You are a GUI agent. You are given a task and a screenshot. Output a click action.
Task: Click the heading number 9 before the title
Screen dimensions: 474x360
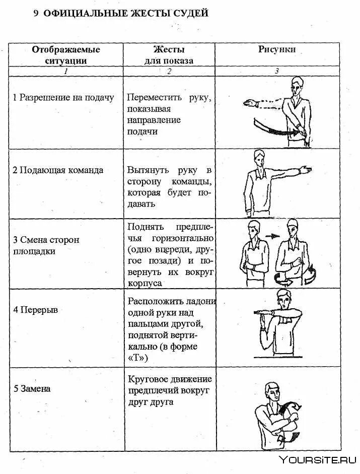click(x=36, y=14)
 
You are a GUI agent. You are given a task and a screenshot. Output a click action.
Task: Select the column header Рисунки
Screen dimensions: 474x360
click(x=277, y=49)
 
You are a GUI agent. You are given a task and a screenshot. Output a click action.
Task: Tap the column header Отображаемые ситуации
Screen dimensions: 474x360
click(x=66, y=55)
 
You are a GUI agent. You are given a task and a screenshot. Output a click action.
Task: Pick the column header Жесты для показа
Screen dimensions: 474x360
click(x=169, y=55)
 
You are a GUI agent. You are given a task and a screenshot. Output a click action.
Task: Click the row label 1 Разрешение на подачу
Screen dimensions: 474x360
click(x=63, y=97)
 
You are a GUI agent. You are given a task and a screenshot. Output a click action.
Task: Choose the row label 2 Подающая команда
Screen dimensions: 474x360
click(x=58, y=170)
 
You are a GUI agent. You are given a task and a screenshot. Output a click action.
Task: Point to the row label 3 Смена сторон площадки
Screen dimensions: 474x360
click(x=46, y=245)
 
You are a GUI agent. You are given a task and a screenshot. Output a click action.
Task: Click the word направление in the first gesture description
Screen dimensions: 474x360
click(x=154, y=120)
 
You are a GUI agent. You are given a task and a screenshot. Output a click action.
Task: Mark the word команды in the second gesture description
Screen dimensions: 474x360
click(x=194, y=181)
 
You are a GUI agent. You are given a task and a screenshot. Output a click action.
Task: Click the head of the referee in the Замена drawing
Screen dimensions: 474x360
click(x=272, y=391)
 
